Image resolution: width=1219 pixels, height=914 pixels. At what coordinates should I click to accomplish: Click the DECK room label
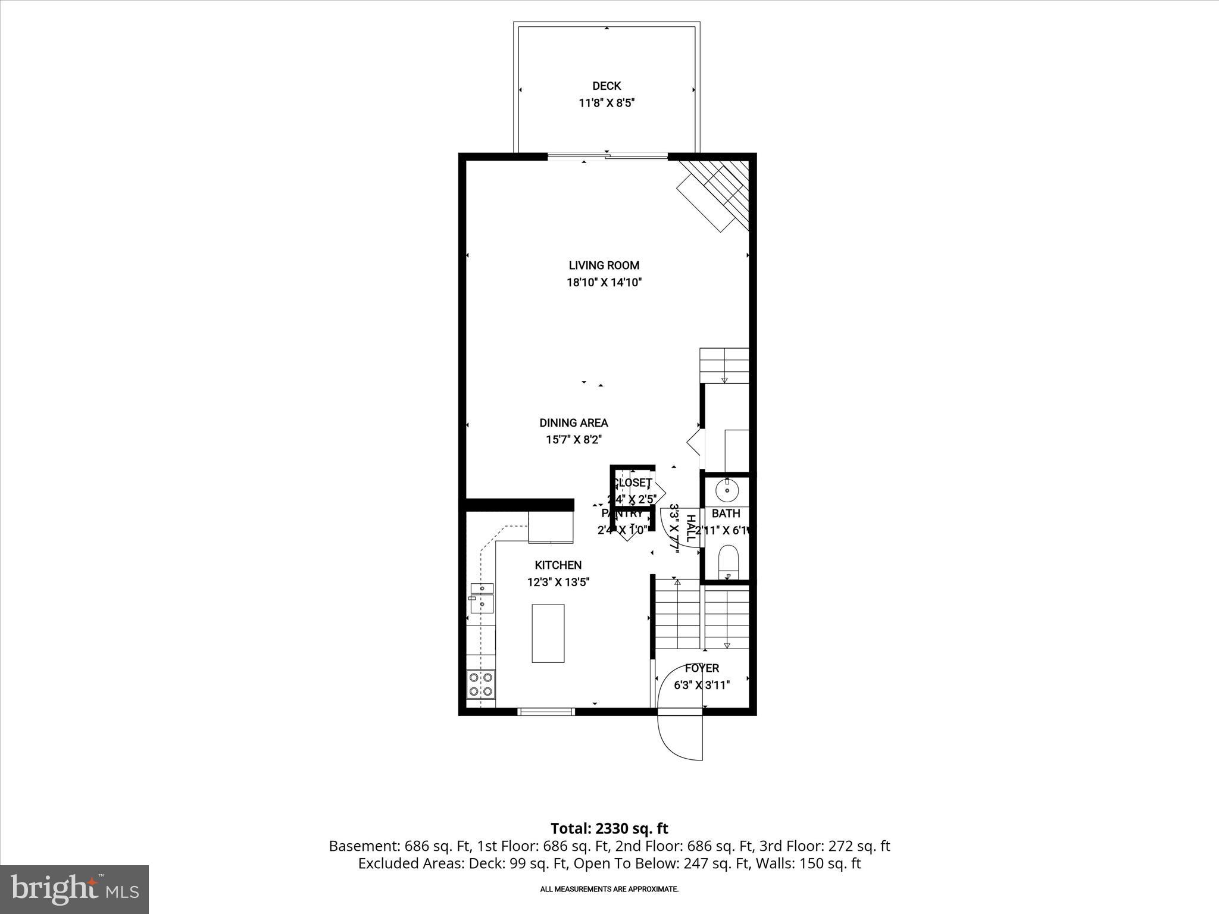[x=607, y=86]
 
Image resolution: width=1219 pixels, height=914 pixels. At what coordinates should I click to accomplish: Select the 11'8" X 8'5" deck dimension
[x=607, y=103]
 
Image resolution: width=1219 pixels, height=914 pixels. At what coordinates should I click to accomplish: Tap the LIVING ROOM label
[x=604, y=265]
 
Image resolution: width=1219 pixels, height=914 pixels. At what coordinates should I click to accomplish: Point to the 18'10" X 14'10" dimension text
[x=604, y=283]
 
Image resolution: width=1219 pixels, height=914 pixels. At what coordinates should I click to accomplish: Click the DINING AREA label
[x=574, y=423]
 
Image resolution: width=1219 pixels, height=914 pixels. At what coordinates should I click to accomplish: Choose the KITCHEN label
[x=558, y=565]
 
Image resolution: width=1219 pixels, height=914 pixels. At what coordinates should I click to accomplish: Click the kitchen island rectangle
[x=548, y=633]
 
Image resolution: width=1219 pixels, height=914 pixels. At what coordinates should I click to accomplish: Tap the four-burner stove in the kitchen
[x=480, y=684]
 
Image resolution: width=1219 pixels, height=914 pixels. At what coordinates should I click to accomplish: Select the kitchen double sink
[x=482, y=597]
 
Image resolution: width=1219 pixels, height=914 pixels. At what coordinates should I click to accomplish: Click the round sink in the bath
[x=727, y=491]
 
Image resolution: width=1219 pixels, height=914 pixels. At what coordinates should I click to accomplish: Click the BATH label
[x=726, y=514]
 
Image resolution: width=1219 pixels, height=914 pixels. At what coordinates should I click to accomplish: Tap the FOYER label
[x=702, y=668]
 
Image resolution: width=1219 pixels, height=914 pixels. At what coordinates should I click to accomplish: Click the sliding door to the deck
[x=607, y=157]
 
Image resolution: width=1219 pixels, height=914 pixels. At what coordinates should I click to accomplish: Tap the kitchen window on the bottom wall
[x=546, y=711]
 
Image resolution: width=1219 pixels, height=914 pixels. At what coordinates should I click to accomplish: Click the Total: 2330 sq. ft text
[x=609, y=828]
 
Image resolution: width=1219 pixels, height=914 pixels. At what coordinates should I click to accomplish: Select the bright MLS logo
[x=74, y=889]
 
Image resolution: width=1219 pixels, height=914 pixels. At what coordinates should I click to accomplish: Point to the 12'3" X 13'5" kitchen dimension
[x=558, y=583]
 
